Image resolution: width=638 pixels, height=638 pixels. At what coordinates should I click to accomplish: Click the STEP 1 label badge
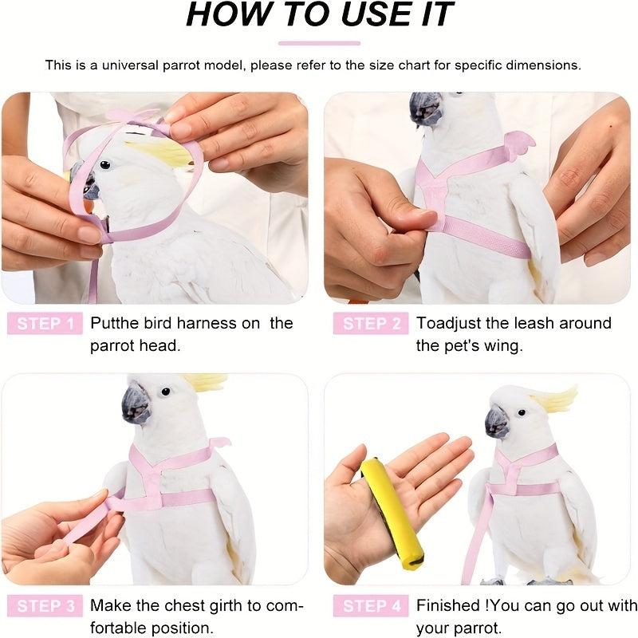(45, 323)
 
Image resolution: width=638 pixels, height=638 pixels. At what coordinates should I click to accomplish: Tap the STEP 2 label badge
(372, 323)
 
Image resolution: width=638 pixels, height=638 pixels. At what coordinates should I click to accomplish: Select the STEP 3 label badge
(45, 606)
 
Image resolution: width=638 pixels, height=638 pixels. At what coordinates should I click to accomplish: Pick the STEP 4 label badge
(372, 606)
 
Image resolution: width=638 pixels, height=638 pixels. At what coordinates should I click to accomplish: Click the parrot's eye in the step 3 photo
(165, 392)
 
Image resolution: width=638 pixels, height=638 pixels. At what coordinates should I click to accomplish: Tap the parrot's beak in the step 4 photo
(497, 422)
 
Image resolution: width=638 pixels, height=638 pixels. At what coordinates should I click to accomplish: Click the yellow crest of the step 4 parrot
(556, 398)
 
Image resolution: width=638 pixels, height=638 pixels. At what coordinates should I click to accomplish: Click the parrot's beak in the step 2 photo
(425, 110)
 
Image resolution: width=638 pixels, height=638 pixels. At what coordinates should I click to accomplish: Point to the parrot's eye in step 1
(104, 165)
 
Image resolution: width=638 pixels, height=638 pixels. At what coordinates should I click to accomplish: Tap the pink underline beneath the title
(319, 43)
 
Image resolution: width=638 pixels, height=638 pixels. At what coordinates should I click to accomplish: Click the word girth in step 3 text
(201, 606)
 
